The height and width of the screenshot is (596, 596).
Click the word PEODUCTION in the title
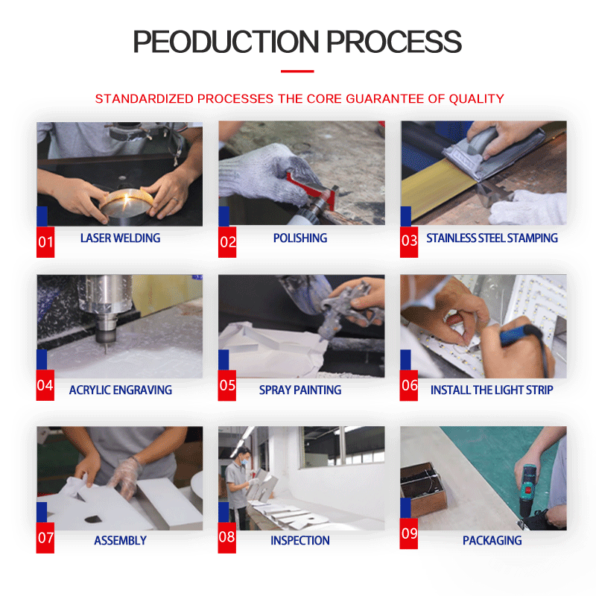pyautogui.click(x=226, y=42)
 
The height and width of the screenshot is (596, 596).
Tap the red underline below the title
pyautogui.click(x=297, y=71)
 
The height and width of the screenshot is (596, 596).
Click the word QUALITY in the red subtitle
pyautogui.click(x=476, y=99)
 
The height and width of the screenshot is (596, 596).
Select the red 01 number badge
pyautogui.click(x=45, y=242)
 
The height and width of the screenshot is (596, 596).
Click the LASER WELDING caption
pyautogui.click(x=120, y=238)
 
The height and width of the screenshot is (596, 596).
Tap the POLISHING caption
pyautogui.click(x=300, y=238)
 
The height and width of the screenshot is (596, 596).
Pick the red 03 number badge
pyautogui.click(x=409, y=242)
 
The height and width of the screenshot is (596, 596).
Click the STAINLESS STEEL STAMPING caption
pyautogui.click(x=492, y=238)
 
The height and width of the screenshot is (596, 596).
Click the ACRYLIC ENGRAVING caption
pyautogui.click(x=121, y=390)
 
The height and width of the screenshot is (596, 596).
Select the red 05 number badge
pyautogui.click(x=227, y=385)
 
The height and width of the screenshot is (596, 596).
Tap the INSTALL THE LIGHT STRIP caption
pyautogui.click(x=492, y=390)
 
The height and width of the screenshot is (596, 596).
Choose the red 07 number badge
pyautogui.click(x=45, y=537)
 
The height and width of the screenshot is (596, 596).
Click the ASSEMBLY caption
pyautogui.click(x=120, y=541)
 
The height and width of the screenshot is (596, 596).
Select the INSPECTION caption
pyautogui.click(x=300, y=541)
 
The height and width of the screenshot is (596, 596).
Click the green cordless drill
pyautogui.click(x=529, y=490)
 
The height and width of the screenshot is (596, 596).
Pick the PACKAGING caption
pyautogui.click(x=492, y=541)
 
